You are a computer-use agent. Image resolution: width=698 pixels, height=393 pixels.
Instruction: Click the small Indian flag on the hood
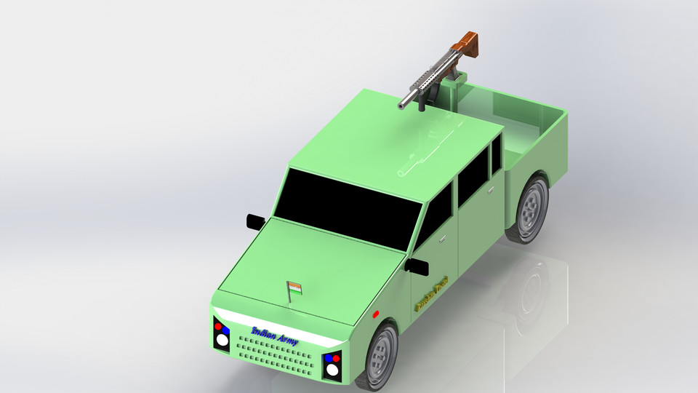pos(294,287)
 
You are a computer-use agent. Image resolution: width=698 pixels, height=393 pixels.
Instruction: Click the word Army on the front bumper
pos(287,340)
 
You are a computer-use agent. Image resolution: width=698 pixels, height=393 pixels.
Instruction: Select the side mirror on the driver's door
pos(419,266)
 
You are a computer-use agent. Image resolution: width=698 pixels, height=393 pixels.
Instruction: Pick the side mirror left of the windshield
pos(254,221)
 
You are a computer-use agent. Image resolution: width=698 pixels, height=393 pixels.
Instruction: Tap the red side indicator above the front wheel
pos(375,314)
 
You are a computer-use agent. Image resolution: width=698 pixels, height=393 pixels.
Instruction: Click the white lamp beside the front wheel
pos(332,369)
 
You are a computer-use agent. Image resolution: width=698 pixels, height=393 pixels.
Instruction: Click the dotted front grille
pos(276,356)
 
